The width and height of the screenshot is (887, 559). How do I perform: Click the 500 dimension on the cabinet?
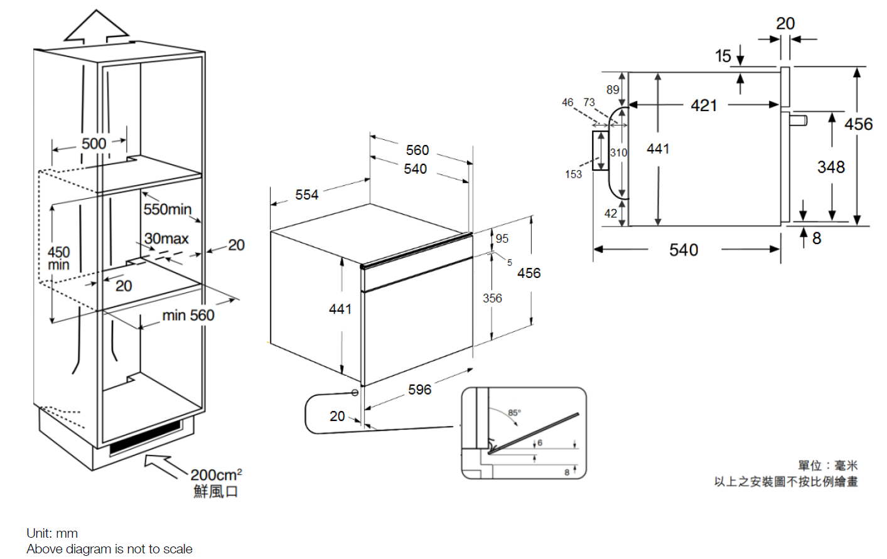coord(94,144)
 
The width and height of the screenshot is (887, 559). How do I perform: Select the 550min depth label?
coord(167,209)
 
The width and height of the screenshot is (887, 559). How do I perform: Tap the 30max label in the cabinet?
coord(166,238)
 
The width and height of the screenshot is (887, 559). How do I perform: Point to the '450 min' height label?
coord(58,258)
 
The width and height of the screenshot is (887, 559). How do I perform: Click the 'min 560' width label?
coord(188,316)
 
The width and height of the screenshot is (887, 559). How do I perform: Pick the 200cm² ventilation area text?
coord(216,475)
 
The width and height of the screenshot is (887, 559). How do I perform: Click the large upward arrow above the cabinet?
coord(96,28)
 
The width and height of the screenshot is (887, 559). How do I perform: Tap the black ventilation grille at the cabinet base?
coord(145,437)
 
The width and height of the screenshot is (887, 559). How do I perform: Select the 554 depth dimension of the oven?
coord(307,195)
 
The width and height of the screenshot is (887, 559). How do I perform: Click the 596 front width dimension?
coord(419,390)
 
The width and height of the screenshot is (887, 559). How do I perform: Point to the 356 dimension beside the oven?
coord(492,298)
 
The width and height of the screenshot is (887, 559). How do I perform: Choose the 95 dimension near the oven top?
coord(502,238)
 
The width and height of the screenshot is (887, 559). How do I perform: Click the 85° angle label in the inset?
coord(514,412)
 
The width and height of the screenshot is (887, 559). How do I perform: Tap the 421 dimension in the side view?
coord(704,105)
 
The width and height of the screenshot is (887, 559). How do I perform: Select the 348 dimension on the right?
coord(831,167)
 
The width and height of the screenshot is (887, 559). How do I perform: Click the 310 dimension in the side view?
coord(618,152)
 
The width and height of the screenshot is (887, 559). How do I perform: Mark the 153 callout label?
coord(573,174)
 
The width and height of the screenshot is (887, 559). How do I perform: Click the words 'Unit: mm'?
coord(52,533)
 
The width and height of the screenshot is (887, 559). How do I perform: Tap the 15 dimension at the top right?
coord(723,56)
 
